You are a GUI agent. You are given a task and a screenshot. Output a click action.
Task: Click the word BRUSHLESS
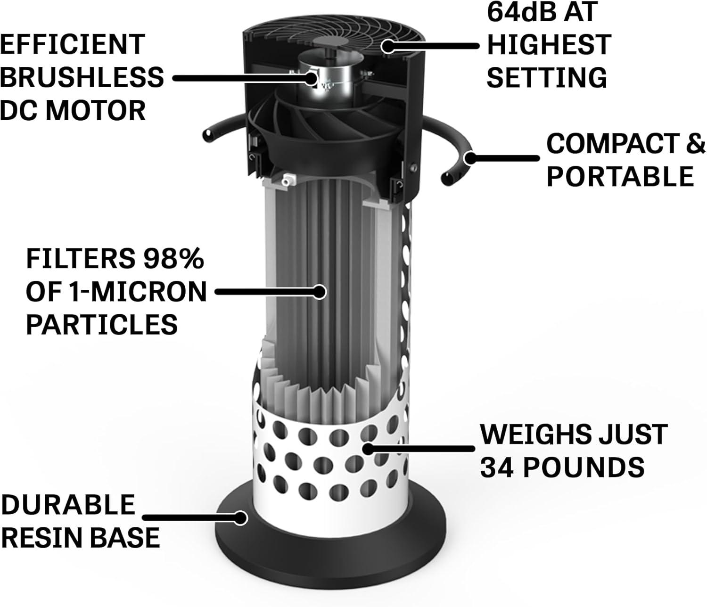click(x=82, y=77)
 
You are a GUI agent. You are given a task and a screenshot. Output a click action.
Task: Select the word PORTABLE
click(x=620, y=175)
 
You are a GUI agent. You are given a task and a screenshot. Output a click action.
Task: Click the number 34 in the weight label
click(x=498, y=466)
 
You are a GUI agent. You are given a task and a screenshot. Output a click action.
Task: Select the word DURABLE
click(x=68, y=504)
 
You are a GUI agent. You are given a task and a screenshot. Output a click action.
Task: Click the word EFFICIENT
click(x=72, y=44)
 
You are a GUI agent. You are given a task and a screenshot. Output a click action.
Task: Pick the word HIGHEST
click(x=549, y=44)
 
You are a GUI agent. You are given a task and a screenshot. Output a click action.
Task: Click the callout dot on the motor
click(x=312, y=78)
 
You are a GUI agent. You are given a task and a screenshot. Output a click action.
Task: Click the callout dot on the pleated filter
click(x=320, y=292)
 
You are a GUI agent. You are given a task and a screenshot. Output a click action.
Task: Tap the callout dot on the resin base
click(x=241, y=518)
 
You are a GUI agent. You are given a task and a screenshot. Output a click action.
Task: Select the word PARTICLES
click(x=101, y=324)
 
